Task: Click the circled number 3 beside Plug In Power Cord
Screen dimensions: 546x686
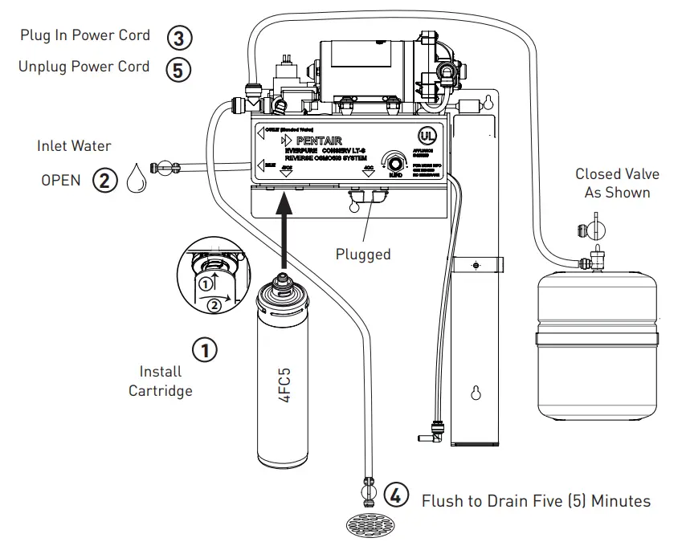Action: pyautogui.click(x=179, y=37)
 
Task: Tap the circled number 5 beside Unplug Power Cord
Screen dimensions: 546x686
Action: pyautogui.click(x=179, y=69)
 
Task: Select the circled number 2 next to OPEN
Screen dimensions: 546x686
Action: pyautogui.click(x=104, y=179)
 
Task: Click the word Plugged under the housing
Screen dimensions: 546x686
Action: pyautogui.click(x=363, y=255)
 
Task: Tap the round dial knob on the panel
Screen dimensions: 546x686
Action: pyautogui.click(x=394, y=159)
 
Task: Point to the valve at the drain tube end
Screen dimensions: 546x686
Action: pyautogui.click(x=370, y=487)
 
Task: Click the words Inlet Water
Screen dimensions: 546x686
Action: pyautogui.click(x=74, y=146)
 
